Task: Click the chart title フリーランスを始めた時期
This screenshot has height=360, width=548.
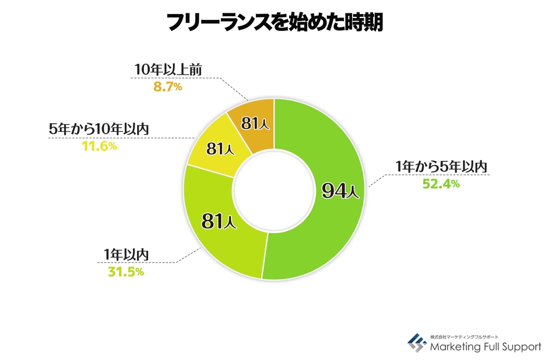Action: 274,23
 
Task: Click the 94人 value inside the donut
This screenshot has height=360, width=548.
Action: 341,191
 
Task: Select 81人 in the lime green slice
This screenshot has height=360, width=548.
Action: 219,221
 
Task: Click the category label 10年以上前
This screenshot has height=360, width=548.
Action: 167,71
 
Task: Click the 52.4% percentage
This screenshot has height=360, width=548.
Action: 441,184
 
